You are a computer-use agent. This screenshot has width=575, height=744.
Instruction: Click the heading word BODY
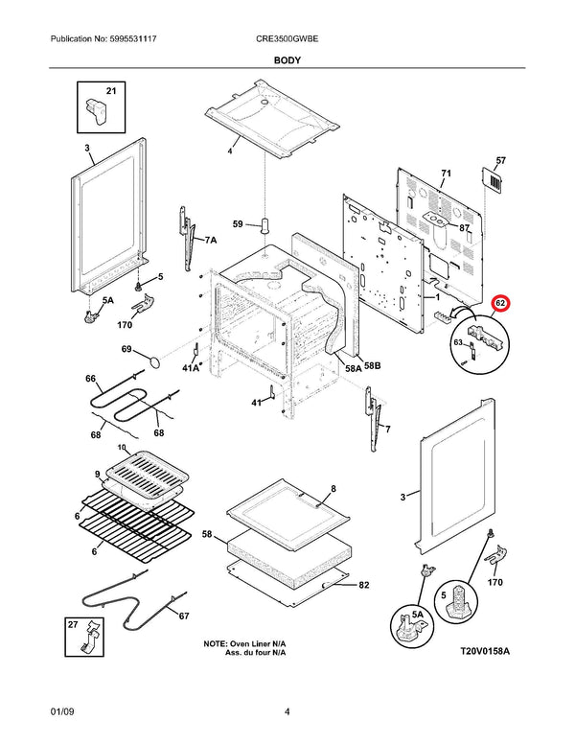pyautogui.click(x=287, y=60)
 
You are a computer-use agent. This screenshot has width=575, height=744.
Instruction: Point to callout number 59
pyautogui.click(x=239, y=226)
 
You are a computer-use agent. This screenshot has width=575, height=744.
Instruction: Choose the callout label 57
pyautogui.click(x=500, y=160)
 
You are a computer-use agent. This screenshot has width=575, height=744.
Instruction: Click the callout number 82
pyautogui.click(x=364, y=584)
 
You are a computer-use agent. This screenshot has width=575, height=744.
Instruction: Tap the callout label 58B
pyautogui.click(x=371, y=365)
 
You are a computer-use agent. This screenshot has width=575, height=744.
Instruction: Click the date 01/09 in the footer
pyautogui.click(x=62, y=711)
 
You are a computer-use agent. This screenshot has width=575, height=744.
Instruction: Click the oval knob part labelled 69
pyautogui.click(x=152, y=360)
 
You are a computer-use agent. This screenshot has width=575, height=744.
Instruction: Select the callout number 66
pyautogui.click(x=91, y=379)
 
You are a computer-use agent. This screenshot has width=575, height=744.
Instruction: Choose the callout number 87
pyautogui.click(x=464, y=228)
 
